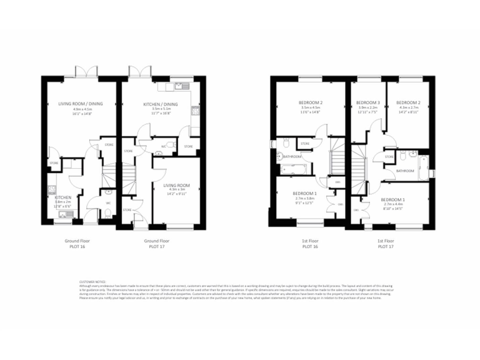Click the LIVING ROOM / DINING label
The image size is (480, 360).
(x=81, y=104)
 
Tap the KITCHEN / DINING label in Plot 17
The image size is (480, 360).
(x=161, y=104)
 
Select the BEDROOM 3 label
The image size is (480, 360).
(x=368, y=102)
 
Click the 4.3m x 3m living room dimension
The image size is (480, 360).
(x=176, y=190)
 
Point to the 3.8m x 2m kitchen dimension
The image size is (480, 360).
(x=62, y=202)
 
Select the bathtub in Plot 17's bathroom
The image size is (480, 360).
(x=424, y=166)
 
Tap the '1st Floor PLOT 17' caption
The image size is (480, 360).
(x=385, y=243)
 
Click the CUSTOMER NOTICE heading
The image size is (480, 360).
(x=92, y=282)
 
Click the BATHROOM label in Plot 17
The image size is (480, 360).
(x=405, y=171)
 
